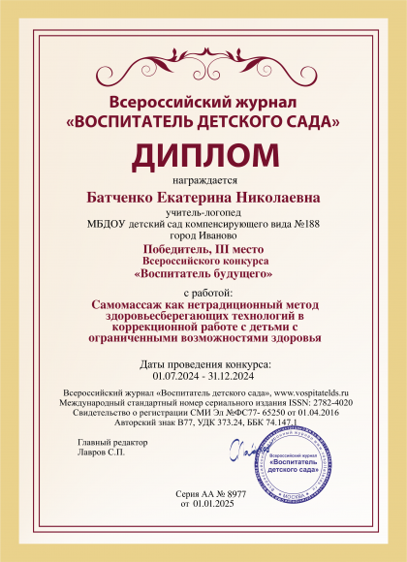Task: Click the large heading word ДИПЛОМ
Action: click(203, 155)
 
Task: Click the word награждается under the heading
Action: click(203, 179)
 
